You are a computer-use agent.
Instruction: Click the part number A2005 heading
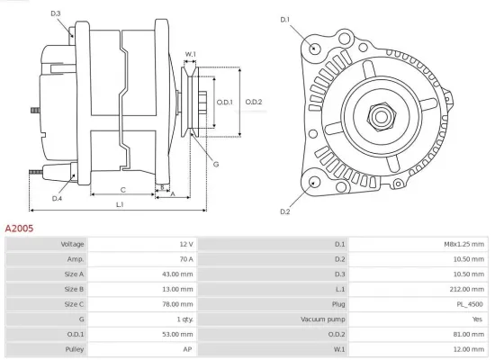[20, 229]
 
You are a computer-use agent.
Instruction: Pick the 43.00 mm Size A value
[176, 274]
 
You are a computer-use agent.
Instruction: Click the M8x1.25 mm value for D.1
[467, 244]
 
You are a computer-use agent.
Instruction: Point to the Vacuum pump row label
[321, 319]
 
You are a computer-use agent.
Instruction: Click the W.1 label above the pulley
[191, 55]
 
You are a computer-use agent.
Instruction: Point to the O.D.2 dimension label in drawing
[253, 102]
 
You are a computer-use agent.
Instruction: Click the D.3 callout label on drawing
[56, 13]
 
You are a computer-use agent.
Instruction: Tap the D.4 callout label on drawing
[57, 198]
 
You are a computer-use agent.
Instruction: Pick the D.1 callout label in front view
[285, 19]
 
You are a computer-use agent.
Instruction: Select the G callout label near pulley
[216, 164]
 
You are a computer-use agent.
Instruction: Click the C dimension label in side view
[122, 189]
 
